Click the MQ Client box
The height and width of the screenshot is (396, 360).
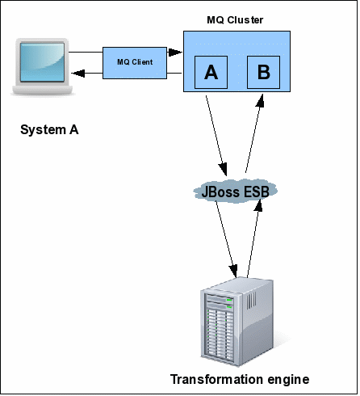point(135,63)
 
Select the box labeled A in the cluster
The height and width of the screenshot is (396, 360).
point(211,72)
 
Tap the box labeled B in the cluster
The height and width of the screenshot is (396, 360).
point(263,72)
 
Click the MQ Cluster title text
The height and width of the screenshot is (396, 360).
point(235,20)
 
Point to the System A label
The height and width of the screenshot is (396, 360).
point(49,130)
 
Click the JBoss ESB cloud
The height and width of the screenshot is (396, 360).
point(235,191)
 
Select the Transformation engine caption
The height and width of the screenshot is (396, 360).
point(240,380)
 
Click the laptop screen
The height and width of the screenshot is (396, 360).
point(42,62)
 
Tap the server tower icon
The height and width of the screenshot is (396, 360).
point(237,322)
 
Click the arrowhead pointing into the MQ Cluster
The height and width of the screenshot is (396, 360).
point(175,52)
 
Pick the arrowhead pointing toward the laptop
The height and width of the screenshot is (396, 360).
point(78,73)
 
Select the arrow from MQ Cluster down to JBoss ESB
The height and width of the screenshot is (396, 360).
point(216,136)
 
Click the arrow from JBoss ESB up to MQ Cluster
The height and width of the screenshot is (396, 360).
point(254,133)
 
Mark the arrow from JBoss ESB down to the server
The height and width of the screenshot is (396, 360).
point(227,238)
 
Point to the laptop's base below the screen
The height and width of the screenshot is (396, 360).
point(43,90)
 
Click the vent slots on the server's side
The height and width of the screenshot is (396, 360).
point(252,299)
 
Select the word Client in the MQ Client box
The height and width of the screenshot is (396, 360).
point(142,62)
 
